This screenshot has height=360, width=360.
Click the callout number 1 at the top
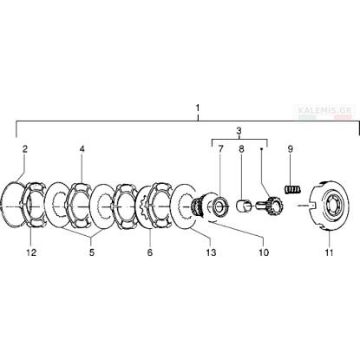pyautogui.click(x=198, y=108)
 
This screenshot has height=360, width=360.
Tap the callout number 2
pyautogui.click(x=25, y=149)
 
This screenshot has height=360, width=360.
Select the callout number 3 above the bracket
pyautogui.click(x=239, y=131)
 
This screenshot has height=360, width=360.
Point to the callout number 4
pyautogui.click(x=82, y=149)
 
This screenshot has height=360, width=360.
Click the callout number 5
pyautogui.click(x=91, y=252)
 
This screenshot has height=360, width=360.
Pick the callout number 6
pyautogui.click(x=149, y=252)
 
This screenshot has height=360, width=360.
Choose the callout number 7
pyautogui.click(x=220, y=149)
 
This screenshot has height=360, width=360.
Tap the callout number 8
pyautogui.click(x=241, y=149)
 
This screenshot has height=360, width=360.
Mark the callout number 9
pyautogui.click(x=291, y=149)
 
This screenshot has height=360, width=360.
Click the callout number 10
pyautogui.click(x=264, y=252)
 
